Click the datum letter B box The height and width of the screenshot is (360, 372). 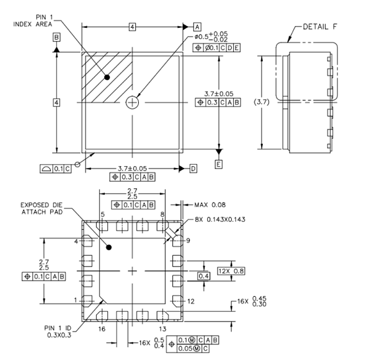(56, 38)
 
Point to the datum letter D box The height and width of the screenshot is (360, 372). (193, 168)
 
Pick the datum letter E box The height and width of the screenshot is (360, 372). (218, 164)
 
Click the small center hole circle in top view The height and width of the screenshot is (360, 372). (132, 103)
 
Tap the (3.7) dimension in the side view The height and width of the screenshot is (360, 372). (247, 103)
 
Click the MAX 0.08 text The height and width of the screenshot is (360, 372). (210, 204)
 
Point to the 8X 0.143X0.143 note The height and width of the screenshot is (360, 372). (220, 219)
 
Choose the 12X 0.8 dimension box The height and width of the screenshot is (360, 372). (232, 270)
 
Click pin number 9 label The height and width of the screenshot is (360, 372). (188, 240)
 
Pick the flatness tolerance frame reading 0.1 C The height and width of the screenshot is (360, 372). (55, 168)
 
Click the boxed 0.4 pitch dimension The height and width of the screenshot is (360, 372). (203, 275)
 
